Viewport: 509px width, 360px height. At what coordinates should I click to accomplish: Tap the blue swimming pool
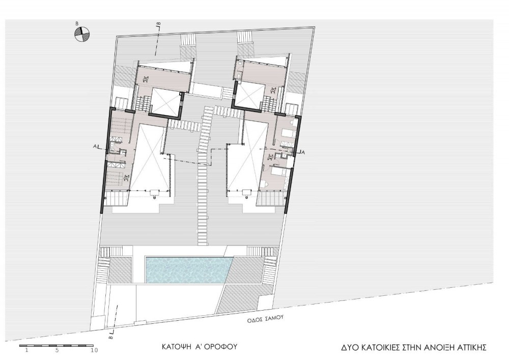click(x=189, y=270)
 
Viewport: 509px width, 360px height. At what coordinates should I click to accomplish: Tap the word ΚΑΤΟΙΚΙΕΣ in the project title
click(x=378, y=348)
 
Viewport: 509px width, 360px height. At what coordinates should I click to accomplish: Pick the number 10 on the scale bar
click(x=95, y=350)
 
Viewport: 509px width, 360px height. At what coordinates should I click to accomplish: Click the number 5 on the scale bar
click(x=57, y=350)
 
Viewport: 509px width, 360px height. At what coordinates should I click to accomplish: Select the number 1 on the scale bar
click(x=27, y=350)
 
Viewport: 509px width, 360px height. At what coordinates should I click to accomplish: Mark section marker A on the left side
click(x=95, y=147)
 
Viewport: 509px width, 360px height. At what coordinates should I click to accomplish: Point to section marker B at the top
click(x=159, y=24)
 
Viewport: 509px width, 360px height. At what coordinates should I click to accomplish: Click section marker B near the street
click(x=110, y=338)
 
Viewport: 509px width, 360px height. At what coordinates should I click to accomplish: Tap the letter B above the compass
click(x=77, y=24)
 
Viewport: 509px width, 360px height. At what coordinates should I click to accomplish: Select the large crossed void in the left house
click(x=150, y=157)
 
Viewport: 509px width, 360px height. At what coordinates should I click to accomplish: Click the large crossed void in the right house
click(x=247, y=157)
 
